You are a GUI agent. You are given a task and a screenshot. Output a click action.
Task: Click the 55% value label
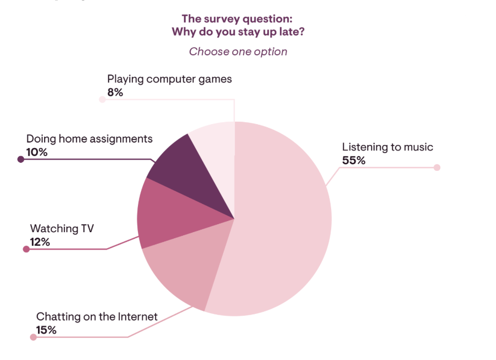pyautogui.click(x=353, y=161)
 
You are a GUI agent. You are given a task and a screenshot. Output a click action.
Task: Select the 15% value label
pyautogui.click(x=46, y=330)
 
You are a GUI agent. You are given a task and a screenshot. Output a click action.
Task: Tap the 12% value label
pyautogui.click(x=40, y=242)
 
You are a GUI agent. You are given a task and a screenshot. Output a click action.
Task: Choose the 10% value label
pyautogui.click(x=37, y=152)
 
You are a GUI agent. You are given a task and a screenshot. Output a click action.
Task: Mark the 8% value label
pyautogui.click(x=115, y=92)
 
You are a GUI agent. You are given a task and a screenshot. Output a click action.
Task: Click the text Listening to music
pyautogui.click(x=387, y=147)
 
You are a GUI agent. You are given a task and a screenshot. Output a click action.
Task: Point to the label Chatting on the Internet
pyautogui.click(x=97, y=317)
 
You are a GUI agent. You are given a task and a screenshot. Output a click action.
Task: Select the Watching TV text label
pyautogui.click(x=62, y=229)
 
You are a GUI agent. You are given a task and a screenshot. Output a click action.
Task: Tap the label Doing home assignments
pyautogui.click(x=89, y=138)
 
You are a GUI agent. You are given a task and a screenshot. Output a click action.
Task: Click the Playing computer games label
pyautogui.click(x=169, y=79)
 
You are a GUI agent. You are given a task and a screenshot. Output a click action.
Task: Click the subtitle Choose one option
pyautogui.click(x=238, y=52)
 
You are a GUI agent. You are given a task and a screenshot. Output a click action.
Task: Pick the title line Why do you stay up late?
pyautogui.click(x=238, y=32)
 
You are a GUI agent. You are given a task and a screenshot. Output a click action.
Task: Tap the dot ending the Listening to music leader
pyautogui.click(x=437, y=167)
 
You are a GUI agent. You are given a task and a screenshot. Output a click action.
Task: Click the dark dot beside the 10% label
pyautogui.click(x=21, y=159)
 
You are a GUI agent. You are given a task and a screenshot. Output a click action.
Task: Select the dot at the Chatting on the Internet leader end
pyautogui.click(x=33, y=337)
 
